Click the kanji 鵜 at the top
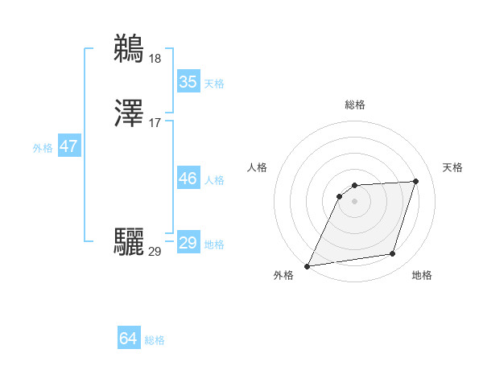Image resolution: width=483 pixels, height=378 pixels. point(130,48)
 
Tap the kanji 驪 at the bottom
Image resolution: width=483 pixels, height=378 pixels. point(130,242)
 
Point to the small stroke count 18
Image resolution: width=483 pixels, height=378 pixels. point(155,59)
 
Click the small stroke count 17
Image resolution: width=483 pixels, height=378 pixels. point(155,123)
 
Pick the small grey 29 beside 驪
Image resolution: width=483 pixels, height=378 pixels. point(155,252)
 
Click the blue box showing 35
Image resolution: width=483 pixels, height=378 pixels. point(188,82)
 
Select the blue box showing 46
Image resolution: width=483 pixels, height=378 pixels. point(188,179)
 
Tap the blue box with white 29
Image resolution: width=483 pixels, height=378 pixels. point(188,243)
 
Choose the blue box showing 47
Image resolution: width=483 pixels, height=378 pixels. point(68,146)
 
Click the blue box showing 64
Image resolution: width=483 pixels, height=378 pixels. point(128,339)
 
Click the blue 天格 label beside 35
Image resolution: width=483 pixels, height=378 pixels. point(214,83)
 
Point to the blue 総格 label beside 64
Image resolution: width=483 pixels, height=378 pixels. point(155,340)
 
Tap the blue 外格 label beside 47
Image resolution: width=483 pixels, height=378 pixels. point(43,148)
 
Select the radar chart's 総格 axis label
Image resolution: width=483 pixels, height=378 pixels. point(354,105)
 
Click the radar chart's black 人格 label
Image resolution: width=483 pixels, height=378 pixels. point(257,167)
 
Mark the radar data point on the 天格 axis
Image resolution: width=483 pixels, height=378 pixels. point(416,181)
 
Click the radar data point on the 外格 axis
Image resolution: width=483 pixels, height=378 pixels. point(308,266)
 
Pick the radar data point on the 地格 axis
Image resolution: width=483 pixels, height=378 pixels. point(393,254)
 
